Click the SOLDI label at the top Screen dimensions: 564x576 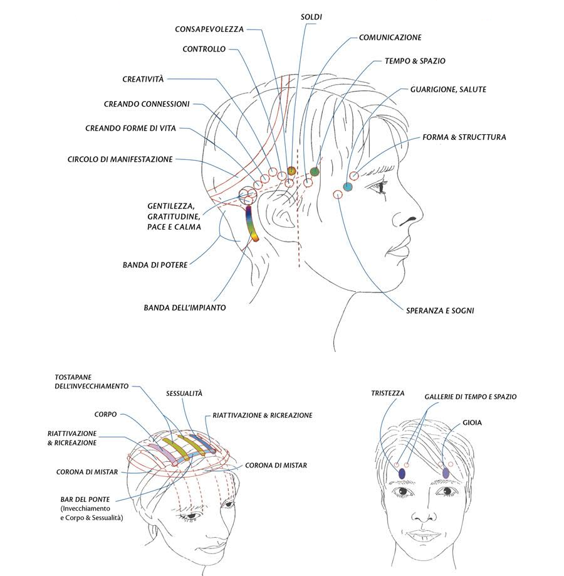point(311,17)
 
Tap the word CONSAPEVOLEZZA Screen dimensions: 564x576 point(209,29)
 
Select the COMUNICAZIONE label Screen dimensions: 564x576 point(390,38)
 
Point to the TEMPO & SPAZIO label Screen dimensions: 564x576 point(415,61)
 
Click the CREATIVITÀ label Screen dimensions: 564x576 point(143,79)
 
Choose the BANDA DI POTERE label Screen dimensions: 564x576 point(155,265)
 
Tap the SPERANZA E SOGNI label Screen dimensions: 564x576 point(440,311)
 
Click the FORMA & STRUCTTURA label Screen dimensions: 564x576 point(464,137)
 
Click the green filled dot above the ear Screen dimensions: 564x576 point(315,171)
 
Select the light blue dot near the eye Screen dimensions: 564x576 point(348,186)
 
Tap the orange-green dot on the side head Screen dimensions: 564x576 point(291,171)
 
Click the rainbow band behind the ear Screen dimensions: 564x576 point(251,223)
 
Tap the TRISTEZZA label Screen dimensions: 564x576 point(387,393)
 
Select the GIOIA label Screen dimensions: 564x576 point(472,423)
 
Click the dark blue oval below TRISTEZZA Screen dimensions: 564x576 point(402,474)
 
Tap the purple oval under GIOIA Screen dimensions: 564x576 point(446,472)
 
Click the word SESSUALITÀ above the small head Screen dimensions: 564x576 point(184,394)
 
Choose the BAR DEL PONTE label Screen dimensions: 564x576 point(85,499)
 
